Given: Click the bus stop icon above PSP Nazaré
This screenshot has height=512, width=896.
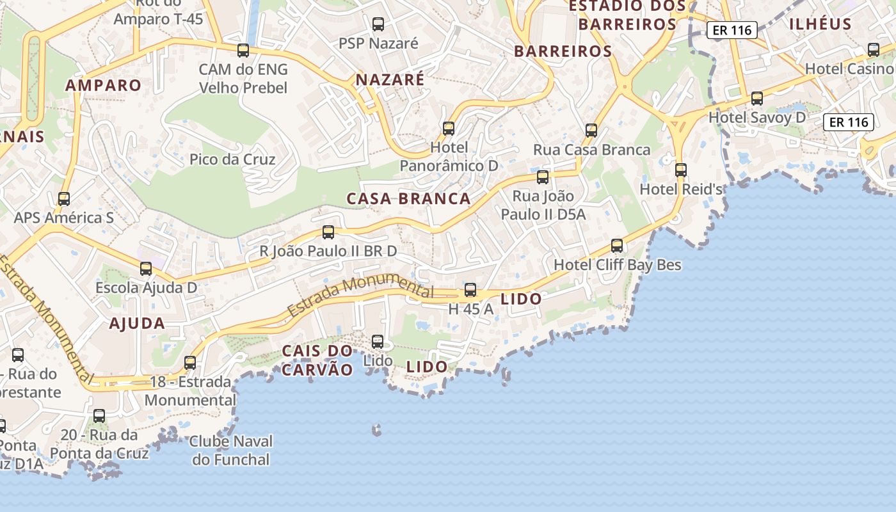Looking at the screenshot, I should pyautogui.click(x=378, y=24).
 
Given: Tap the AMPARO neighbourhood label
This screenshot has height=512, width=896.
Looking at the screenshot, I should pyautogui.click(x=103, y=85).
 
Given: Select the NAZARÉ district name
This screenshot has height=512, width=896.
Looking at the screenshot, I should pyautogui.click(x=390, y=79).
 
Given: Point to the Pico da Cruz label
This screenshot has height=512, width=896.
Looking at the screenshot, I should pyautogui.click(x=232, y=159).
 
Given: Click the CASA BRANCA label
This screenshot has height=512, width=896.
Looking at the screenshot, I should pyautogui.click(x=409, y=198).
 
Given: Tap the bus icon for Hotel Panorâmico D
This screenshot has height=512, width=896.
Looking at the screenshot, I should pyautogui.click(x=449, y=128).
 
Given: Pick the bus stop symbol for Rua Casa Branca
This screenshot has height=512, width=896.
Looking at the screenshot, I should pyautogui.click(x=591, y=131).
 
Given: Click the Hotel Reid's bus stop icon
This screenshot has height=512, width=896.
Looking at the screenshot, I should pyautogui.click(x=681, y=170).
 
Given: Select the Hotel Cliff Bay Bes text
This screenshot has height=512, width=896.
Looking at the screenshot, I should pyautogui.click(x=618, y=264).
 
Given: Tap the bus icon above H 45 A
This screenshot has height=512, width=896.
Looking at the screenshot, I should pyautogui.click(x=470, y=290).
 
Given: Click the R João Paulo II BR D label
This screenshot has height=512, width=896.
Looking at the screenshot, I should pyautogui.click(x=328, y=251).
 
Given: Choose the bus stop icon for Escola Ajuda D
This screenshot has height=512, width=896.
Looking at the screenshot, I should pyautogui.click(x=146, y=269).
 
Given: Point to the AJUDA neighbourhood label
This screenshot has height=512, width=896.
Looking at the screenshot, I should pyautogui.click(x=137, y=323).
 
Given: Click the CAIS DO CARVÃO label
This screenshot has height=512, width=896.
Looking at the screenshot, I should pyautogui.click(x=317, y=360).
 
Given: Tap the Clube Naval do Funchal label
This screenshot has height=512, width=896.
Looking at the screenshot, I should pyautogui.click(x=231, y=451).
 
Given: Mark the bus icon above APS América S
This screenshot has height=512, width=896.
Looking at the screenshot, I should pyautogui.click(x=64, y=199).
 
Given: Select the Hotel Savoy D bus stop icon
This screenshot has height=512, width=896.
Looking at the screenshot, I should pyautogui.click(x=757, y=99).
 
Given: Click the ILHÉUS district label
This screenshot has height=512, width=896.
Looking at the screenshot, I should pyautogui.click(x=820, y=24).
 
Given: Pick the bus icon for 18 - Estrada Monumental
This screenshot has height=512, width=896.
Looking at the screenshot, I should pyautogui.click(x=190, y=363).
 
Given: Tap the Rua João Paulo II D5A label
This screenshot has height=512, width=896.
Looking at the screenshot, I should pyautogui.click(x=543, y=205).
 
